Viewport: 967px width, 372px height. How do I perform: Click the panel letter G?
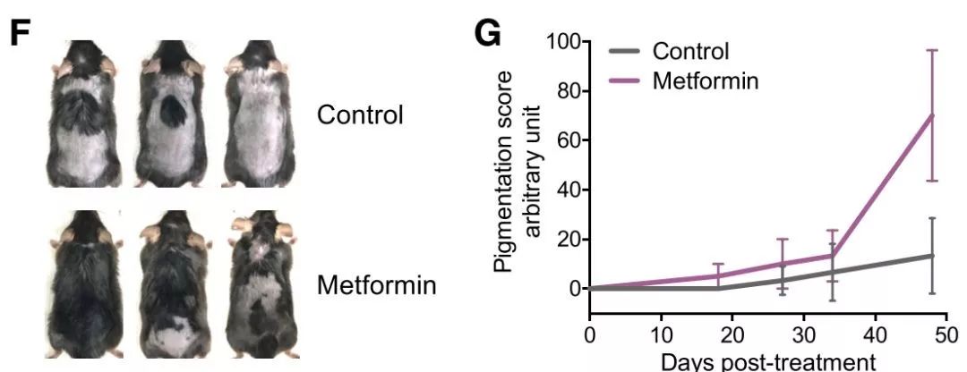488,37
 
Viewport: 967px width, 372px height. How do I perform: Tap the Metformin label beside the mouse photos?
377,287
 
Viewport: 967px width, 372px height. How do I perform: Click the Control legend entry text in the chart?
690,51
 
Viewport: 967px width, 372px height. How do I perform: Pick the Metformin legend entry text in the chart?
706,80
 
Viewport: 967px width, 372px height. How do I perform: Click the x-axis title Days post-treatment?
767,361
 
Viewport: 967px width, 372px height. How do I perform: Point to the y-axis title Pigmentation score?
508,165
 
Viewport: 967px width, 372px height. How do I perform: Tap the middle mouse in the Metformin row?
175,284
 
